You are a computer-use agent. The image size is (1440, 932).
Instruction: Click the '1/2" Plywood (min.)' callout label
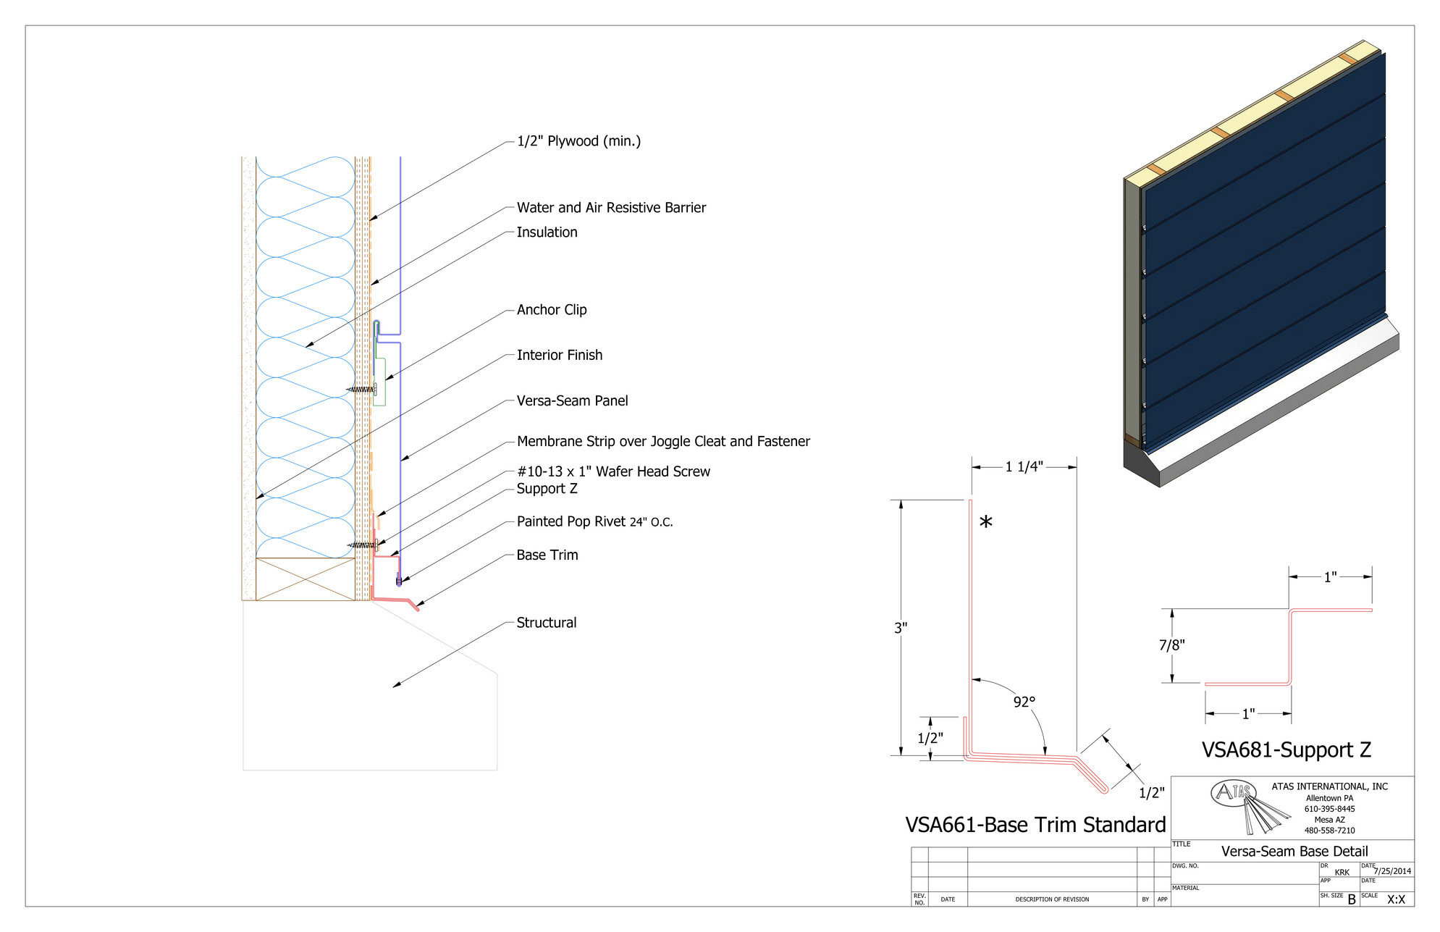pos(578,141)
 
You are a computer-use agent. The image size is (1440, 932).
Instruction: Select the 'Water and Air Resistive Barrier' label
pos(611,208)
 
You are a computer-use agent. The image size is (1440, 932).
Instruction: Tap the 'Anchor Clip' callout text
pos(552,310)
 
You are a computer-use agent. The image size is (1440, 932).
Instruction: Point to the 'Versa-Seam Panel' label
pos(572,401)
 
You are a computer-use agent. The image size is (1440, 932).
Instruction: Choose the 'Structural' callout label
pos(546,623)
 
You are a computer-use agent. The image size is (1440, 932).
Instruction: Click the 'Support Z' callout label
pos(547,489)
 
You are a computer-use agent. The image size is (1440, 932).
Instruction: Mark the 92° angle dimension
pos(1024,702)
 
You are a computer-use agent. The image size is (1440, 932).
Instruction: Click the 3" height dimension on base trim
pos(901,628)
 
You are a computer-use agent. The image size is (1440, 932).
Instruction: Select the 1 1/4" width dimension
pos(1024,467)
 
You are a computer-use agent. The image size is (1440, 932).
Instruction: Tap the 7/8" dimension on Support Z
pos(1171,645)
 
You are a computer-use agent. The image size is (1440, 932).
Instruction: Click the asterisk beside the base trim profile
pos(985,522)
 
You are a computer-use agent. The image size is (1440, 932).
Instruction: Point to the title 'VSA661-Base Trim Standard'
pos(1035,825)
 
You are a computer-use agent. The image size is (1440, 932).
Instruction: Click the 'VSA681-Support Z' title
pos(1287,750)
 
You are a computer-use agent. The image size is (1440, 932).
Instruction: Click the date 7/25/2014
pos(1392,871)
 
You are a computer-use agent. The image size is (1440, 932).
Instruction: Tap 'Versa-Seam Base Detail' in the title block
pos(1294,852)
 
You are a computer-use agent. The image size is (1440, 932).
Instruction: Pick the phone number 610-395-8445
pos(1330,809)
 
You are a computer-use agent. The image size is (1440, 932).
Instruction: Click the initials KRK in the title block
pos(1342,873)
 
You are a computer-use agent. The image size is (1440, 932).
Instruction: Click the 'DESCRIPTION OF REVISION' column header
pos(1052,899)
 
